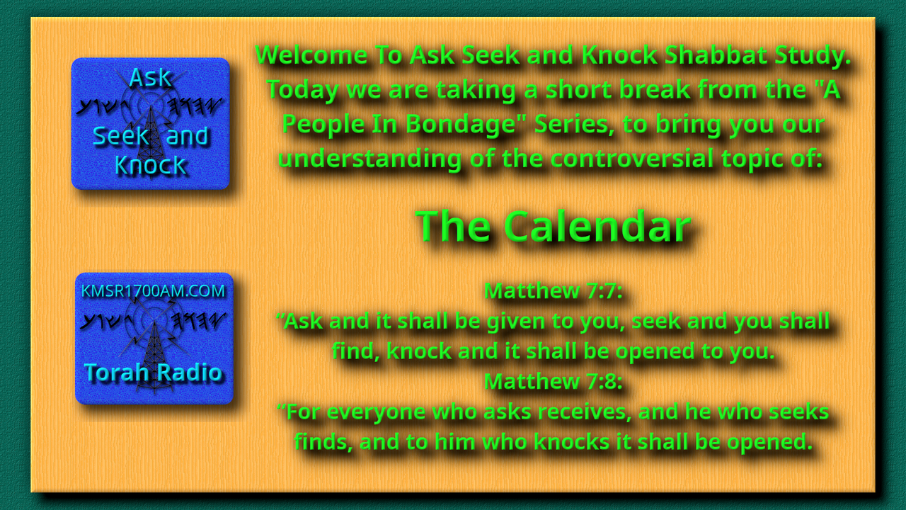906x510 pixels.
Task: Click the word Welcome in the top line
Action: point(311,55)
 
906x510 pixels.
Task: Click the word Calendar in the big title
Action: point(597,227)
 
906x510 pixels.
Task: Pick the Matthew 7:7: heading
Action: point(553,290)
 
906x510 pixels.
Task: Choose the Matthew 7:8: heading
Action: point(553,381)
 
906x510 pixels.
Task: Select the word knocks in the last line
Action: point(571,441)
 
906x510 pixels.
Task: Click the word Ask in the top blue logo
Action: point(150,77)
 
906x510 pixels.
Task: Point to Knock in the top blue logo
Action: point(150,165)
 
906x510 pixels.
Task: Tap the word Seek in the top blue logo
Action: point(121,136)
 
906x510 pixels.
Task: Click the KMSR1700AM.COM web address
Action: point(153,291)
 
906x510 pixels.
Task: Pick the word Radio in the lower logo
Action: point(189,373)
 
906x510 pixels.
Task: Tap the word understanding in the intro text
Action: point(369,158)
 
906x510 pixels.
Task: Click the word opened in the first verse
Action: point(655,351)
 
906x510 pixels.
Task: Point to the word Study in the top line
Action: point(813,55)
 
